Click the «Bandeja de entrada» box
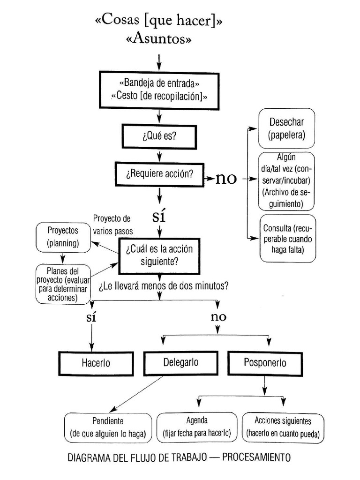click(x=159, y=90)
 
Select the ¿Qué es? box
click(x=159, y=136)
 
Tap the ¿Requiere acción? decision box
click(x=159, y=174)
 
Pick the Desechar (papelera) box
click(x=286, y=128)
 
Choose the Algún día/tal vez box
click(x=286, y=181)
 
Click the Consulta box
click(x=288, y=238)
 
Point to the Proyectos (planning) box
click(x=63, y=237)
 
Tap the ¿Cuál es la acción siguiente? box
click(x=159, y=255)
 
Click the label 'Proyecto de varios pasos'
click(x=112, y=225)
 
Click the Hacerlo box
click(x=96, y=363)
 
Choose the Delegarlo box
click(x=181, y=362)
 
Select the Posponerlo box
click(x=265, y=362)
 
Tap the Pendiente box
click(x=108, y=427)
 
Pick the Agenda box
click(x=197, y=427)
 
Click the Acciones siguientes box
click(x=283, y=427)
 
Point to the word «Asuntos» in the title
click(x=159, y=40)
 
